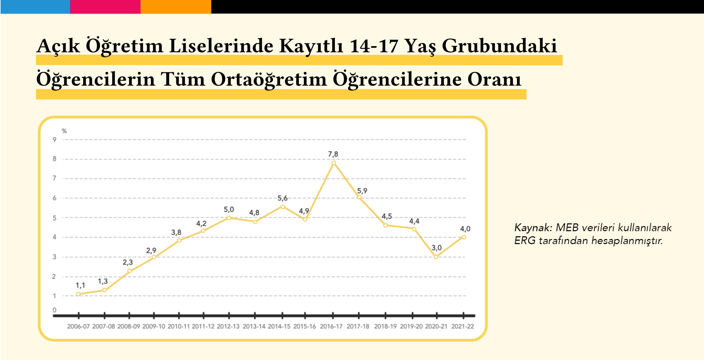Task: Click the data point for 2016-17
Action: pyautogui.click(x=333, y=163)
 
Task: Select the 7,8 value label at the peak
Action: pyautogui.click(x=333, y=154)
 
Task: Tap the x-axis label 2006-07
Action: pyautogui.click(x=78, y=326)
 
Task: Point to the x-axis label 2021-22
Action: pyautogui.click(x=463, y=326)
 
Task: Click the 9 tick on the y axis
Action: pyautogui.click(x=54, y=140)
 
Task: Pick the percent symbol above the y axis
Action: pyautogui.click(x=64, y=131)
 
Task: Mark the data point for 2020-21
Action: pyautogui.click(x=436, y=257)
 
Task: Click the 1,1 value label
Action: pyautogui.click(x=80, y=285)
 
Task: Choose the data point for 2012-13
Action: pyautogui.click(x=229, y=218)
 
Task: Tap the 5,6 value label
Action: pyautogui.click(x=283, y=198)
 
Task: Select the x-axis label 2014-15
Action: pyautogui.click(x=279, y=326)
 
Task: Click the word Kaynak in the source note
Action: pyautogui.click(x=533, y=228)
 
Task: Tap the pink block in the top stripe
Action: pyautogui.click(x=105, y=7)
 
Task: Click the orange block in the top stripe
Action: pyautogui.click(x=176, y=7)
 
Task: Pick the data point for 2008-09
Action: pyautogui.click(x=129, y=271)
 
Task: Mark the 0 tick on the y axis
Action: pyautogui.click(x=54, y=310)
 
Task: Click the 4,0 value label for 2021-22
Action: pyautogui.click(x=465, y=229)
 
